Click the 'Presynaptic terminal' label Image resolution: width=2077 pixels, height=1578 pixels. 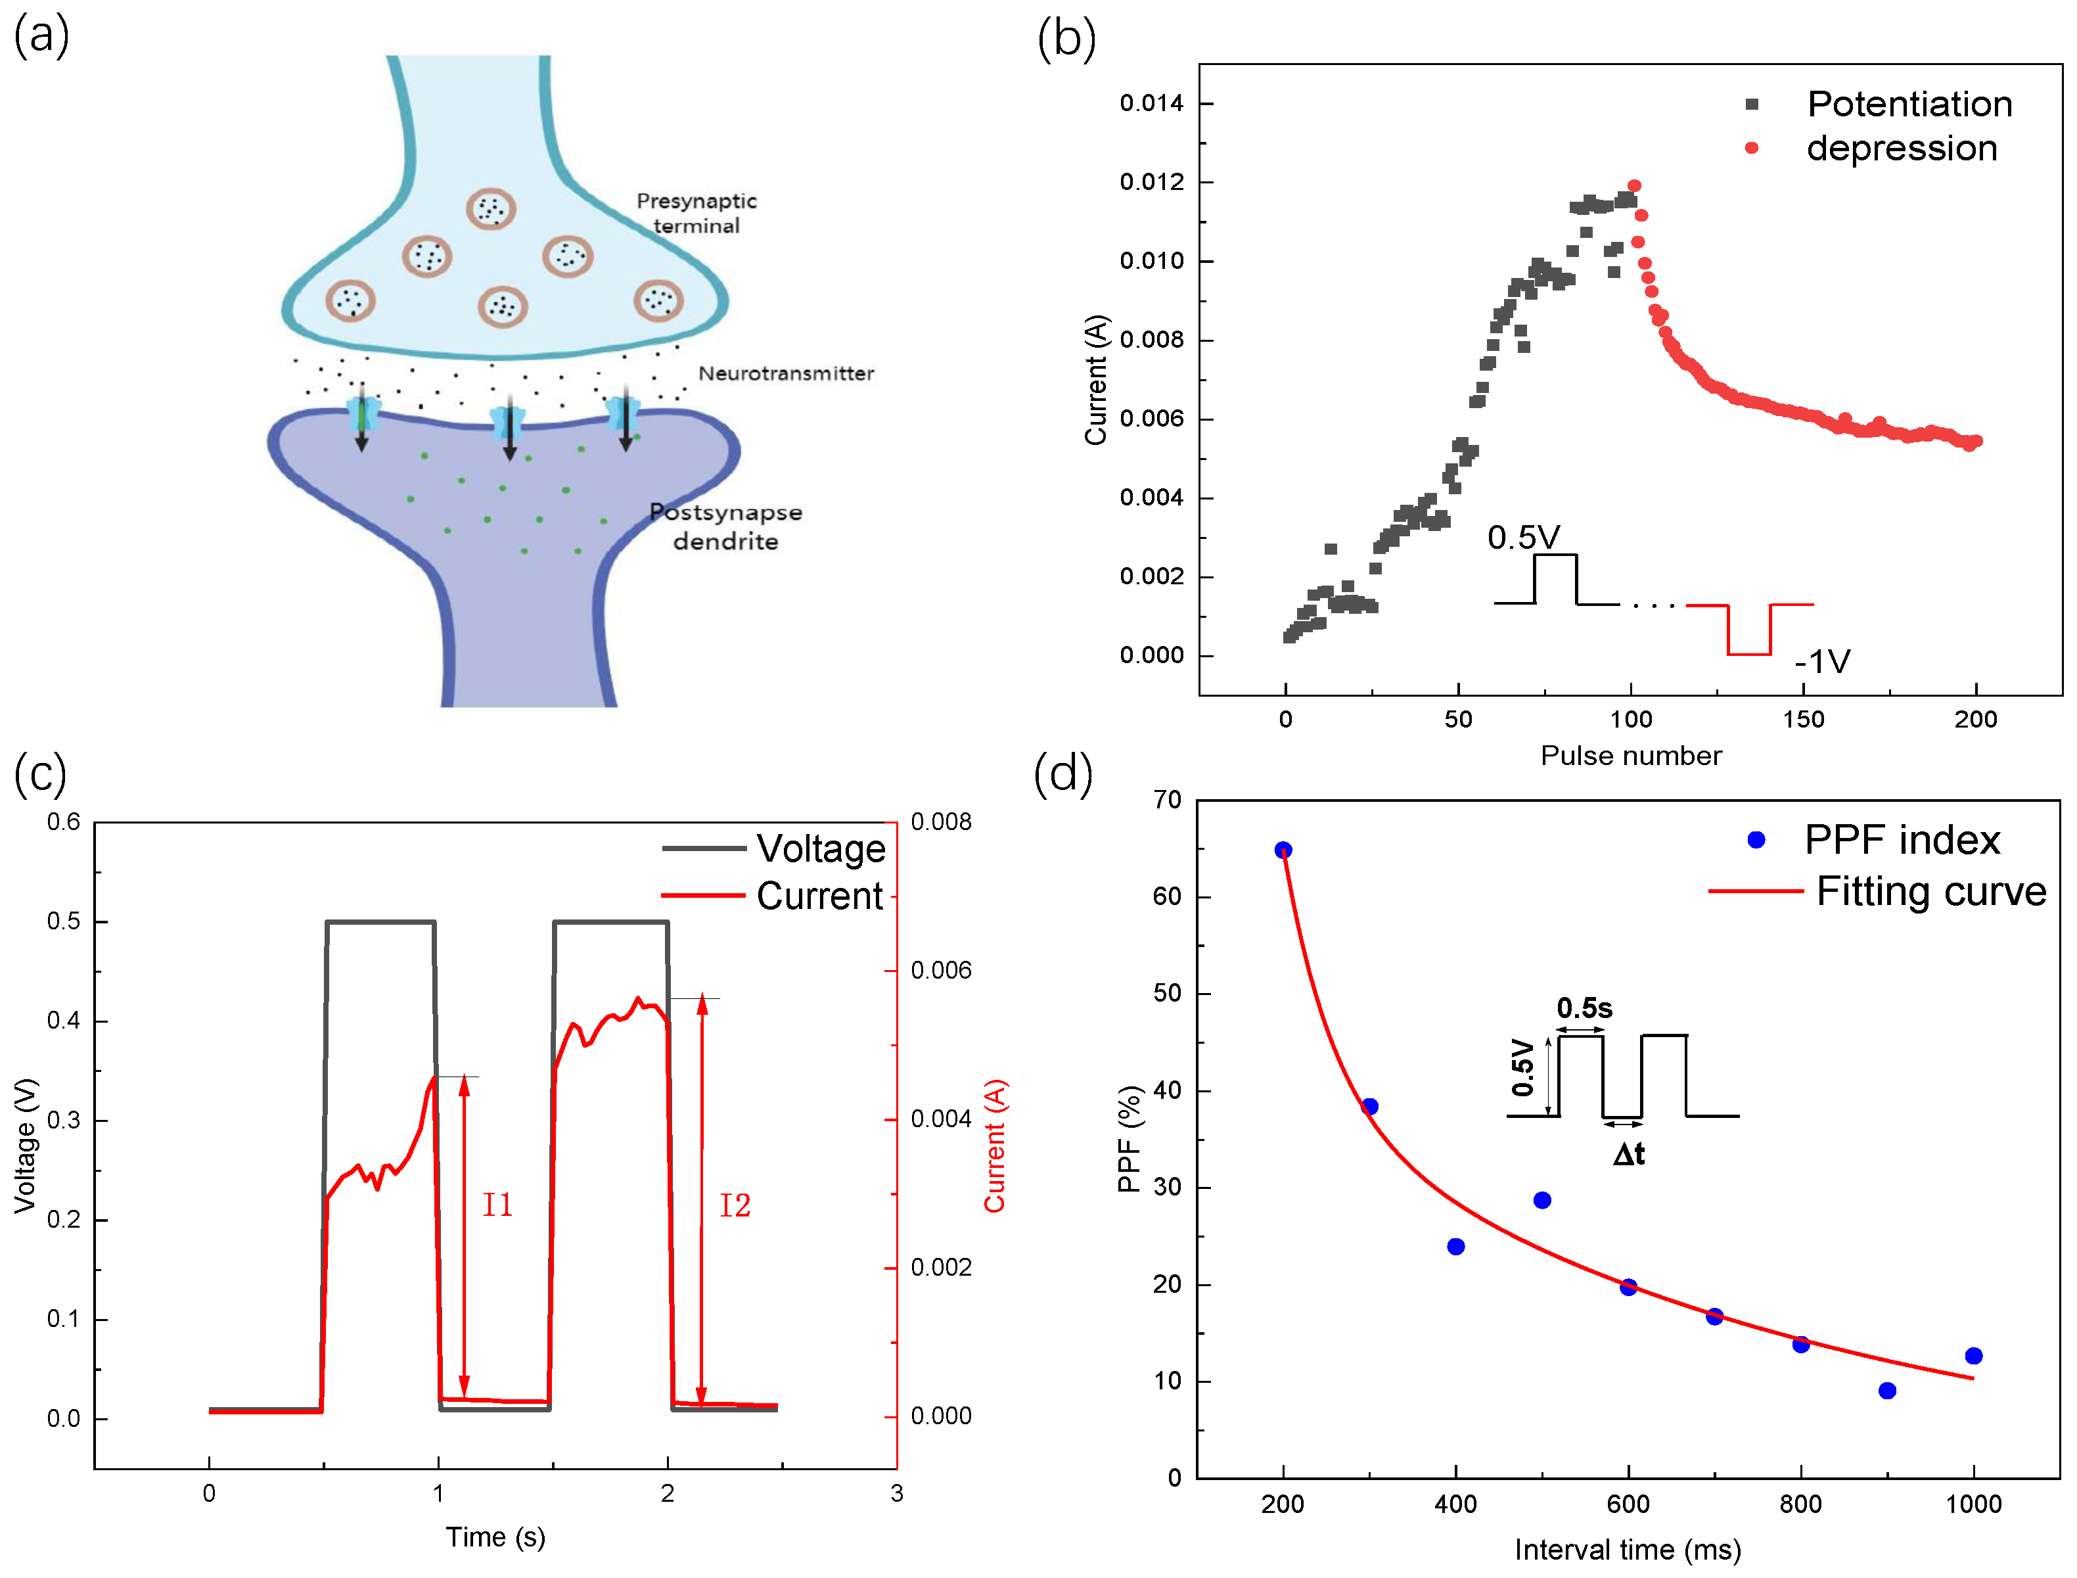coord(696,213)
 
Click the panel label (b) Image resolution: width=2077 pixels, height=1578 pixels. coord(1066,39)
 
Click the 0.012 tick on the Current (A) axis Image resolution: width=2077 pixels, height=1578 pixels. coord(1151,181)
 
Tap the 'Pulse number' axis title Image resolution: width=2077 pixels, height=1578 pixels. coord(1630,755)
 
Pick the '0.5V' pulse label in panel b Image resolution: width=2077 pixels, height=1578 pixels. coord(1523,537)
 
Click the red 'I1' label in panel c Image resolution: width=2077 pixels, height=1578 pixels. coord(497,1205)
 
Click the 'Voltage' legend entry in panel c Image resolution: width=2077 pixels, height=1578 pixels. coord(820,848)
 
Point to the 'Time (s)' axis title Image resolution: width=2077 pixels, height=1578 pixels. coord(495,1537)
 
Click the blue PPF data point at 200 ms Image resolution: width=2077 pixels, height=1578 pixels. coord(1283,850)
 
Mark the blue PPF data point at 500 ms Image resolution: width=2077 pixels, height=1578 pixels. coord(1541,1200)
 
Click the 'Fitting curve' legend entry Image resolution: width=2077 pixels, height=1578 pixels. coord(1930,891)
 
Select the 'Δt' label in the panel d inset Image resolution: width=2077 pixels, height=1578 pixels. coord(1628,1153)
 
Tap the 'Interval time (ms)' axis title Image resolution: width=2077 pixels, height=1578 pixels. coord(1627,1550)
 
